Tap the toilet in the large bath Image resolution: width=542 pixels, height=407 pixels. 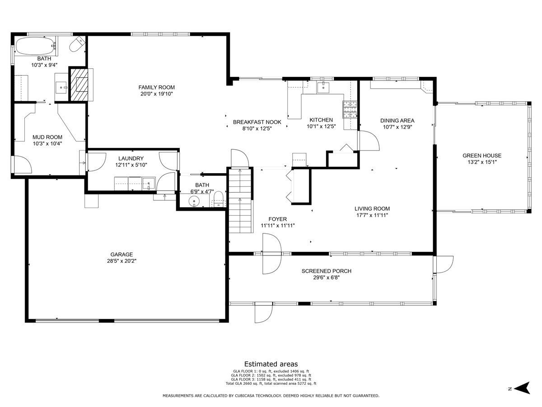click(77, 44)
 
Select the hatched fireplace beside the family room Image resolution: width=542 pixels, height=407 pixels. click(79, 85)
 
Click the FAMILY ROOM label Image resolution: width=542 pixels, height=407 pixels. click(157, 87)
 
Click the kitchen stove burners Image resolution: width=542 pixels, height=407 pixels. click(350, 109)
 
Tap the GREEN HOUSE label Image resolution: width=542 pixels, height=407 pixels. click(482, 156)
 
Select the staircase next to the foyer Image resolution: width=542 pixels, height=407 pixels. click(240, 200)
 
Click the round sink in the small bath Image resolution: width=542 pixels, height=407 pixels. click(195, 201)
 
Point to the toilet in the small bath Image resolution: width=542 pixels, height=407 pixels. click(218, 200)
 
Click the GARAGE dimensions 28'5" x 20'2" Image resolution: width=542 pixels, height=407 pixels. click(122, 261)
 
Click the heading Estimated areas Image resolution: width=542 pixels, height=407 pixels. click(271, 364)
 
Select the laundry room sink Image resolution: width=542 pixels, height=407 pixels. click(149, 184)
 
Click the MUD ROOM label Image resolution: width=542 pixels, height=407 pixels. click(47, 137)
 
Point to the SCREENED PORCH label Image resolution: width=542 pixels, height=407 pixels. click(327, 271)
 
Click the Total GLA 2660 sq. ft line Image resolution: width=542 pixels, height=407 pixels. click(271, 383)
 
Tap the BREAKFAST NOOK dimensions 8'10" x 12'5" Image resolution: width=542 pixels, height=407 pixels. click(257, 128)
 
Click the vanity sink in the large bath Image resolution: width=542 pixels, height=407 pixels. click(61, 87)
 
